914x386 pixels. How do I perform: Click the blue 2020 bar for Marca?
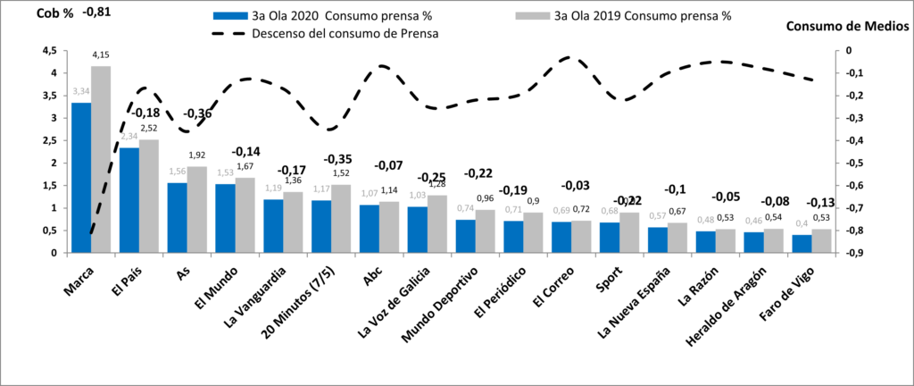point(81,178)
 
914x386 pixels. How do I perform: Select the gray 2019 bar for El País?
point(150,197)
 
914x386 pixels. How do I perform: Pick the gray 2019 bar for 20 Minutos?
point(341,219)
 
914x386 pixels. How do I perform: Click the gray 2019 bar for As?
point(197,210)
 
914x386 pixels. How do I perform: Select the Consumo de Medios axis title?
point(847,27)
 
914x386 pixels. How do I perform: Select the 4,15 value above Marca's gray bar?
point(102,55)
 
